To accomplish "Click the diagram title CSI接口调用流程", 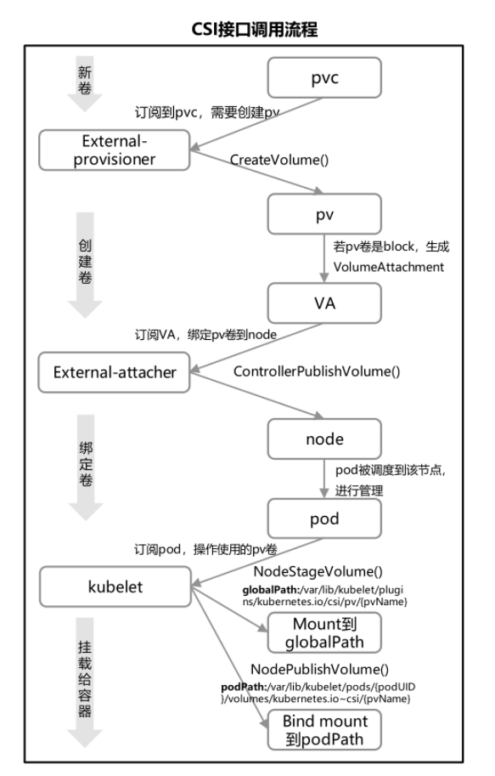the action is tap(254, 29).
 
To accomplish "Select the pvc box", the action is tap(324, 77).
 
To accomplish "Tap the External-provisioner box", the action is tap(115, 150).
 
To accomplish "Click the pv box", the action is tap(324, 214).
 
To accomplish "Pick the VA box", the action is tap(324, 303).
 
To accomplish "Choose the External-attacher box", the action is tap(115, 372).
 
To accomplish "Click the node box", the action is tap(324, 439).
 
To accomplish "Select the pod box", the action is tap(324, 518).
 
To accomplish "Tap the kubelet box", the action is tap(115, 586).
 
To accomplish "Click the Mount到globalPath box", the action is tap(324, 632).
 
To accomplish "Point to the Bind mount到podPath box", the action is tap(324, 730).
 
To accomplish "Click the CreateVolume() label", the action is tap(279, 159).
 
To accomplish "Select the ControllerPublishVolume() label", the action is tap(317, 371).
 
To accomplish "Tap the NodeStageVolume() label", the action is tap(318, 572).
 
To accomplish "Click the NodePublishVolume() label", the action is tap(319, 669).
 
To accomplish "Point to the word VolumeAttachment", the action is tap(389, 267).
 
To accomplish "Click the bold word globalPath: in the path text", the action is tap(271, 590).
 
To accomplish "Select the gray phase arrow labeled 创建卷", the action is tap(85, 265).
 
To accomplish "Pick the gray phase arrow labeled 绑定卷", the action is tap(86, 467).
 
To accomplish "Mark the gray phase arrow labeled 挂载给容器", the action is tap(85, 683).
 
